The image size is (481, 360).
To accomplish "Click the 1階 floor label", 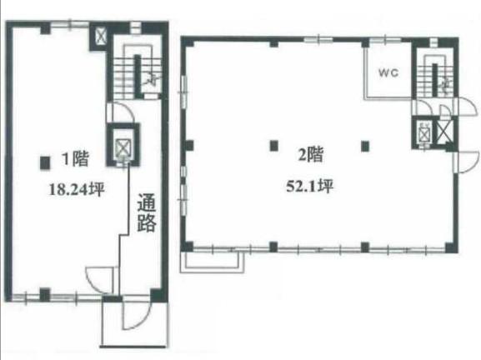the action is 75,158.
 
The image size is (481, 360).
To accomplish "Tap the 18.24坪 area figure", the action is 77,189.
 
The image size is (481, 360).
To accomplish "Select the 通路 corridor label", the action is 147,212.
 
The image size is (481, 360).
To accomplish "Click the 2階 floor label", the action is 311,154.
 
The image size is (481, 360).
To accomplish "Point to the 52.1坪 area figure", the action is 309,186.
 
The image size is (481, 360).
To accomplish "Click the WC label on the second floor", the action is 388,73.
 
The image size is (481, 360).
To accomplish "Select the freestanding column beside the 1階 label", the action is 45,163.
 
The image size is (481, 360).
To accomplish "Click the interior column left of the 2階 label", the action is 274,146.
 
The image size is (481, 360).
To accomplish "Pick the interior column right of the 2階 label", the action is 365,147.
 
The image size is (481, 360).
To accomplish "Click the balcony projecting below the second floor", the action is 213,261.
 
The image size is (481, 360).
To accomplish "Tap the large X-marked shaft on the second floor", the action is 444,131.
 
